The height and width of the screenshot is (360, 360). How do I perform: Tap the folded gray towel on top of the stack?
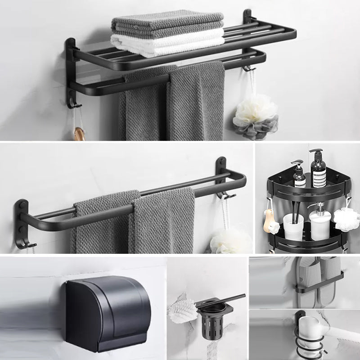pos(167,22)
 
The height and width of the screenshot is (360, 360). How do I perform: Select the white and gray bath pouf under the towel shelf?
pos(256,116)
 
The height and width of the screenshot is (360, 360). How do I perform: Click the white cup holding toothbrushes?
pos(293,227)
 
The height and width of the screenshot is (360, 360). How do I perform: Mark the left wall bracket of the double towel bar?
pos(21,222)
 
